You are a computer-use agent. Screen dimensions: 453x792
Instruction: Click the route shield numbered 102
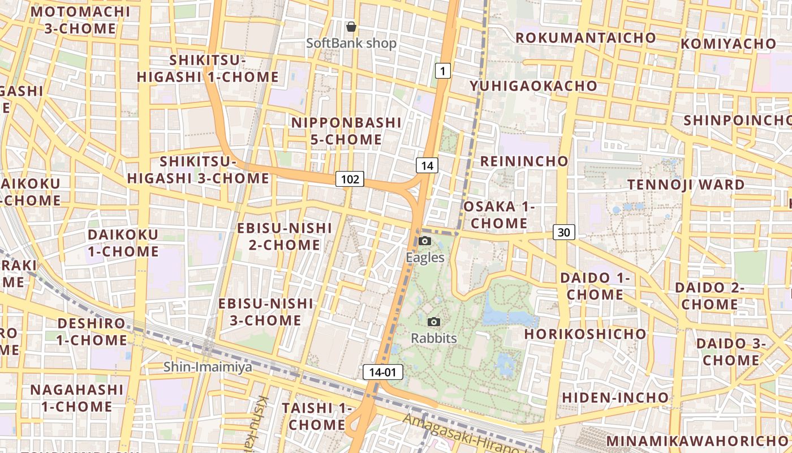coord(350,180)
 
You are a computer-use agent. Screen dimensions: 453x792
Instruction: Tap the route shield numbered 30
coord(564,232)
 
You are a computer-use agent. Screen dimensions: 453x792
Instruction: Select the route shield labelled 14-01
coord(383,372)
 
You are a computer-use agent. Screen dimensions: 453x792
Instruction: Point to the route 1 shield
coord(442,71)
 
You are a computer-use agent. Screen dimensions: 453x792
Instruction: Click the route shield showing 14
coord(427,165)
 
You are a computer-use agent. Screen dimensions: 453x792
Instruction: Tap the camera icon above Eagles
coord(425,241)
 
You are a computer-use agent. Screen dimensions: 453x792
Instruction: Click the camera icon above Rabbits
coord(434,322)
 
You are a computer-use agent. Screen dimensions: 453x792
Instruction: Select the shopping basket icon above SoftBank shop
coord(351,27)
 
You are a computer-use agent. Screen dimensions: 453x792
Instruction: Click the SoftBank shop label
coord(351,43)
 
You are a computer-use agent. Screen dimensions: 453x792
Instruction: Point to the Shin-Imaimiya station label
coord(208,367)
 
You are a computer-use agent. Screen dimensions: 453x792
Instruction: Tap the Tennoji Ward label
coord(686,185)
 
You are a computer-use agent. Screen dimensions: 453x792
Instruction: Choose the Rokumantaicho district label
coord(586,38)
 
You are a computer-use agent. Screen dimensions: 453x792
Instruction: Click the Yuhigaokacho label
coord(533,86)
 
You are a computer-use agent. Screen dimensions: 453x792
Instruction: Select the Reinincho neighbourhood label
coord(524,161)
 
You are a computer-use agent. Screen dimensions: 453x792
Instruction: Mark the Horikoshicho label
coord(585,334)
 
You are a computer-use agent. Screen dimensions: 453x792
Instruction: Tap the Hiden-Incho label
coord(615,398)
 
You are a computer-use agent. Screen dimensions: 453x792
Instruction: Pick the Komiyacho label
coord(728,44)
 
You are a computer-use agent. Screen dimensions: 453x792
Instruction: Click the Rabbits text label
coord(434,339)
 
